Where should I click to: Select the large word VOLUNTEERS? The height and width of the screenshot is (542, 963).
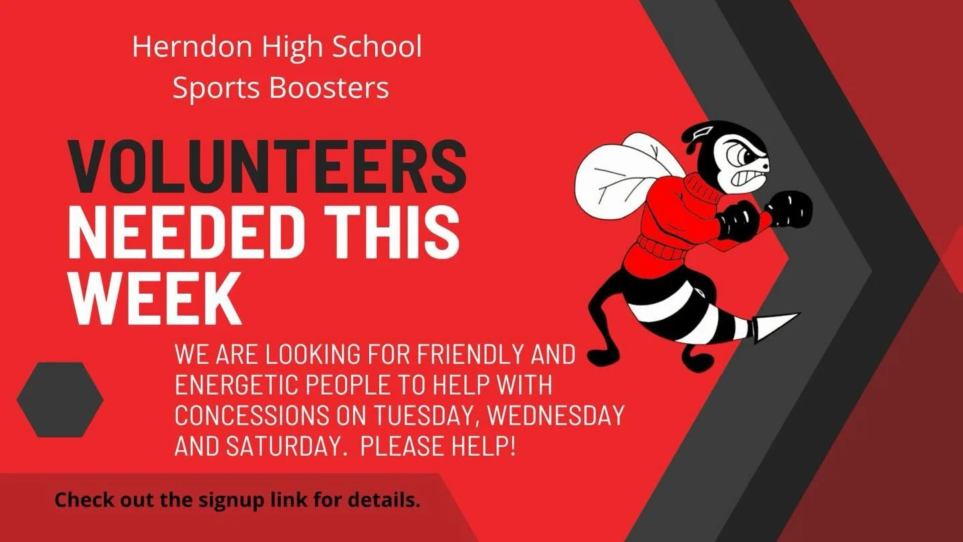267,167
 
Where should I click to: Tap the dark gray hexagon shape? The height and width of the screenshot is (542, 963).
60,399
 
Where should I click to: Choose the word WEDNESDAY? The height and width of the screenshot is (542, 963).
556,415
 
